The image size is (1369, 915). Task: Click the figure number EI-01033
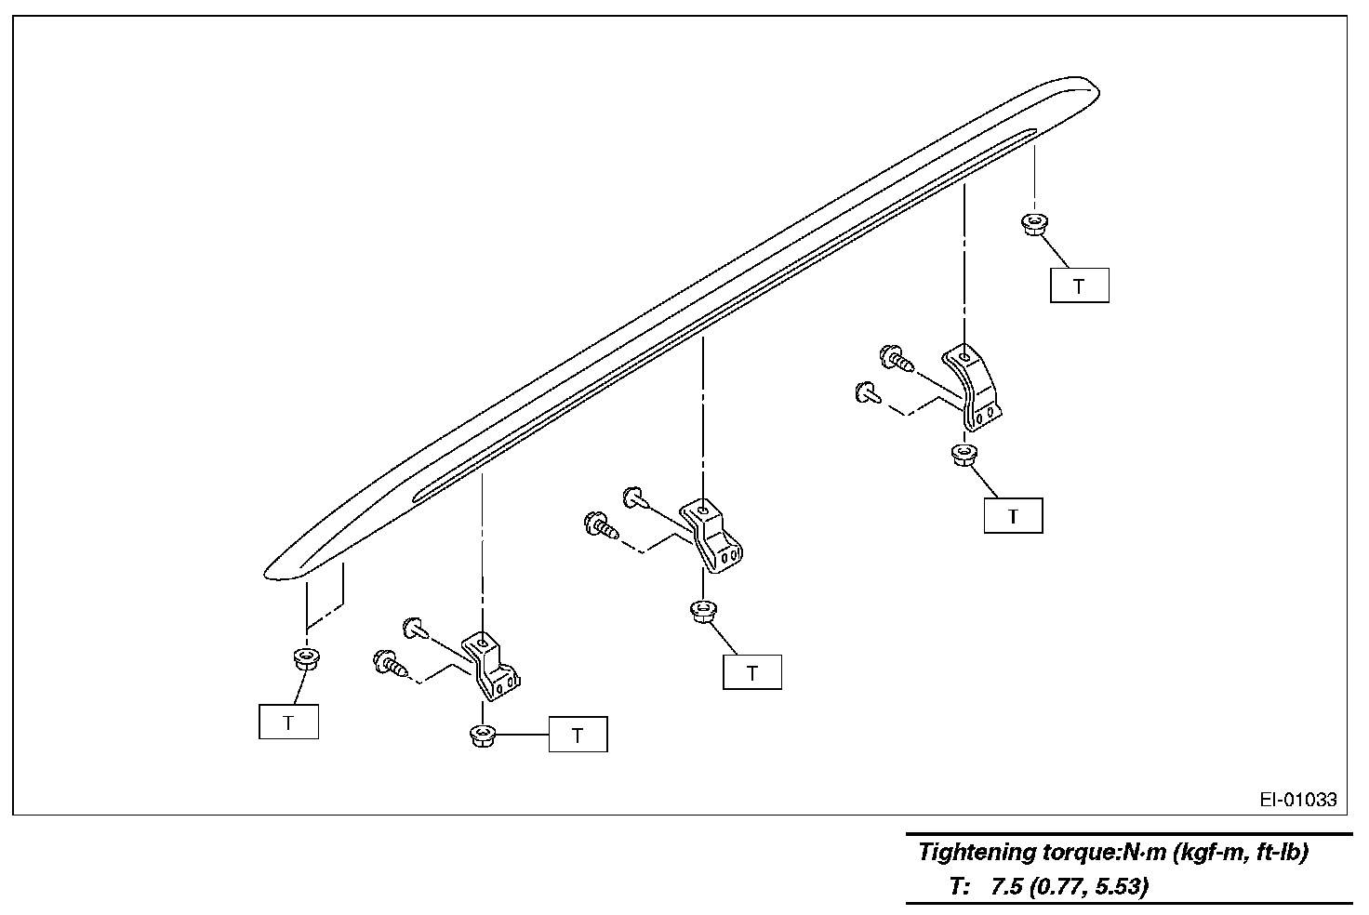pyautogui.click(x=1298, y=799)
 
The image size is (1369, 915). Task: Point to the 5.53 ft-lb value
pyautogui.click(x=1117, y=886)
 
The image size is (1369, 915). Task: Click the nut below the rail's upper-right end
pyautogui.click(x=1030, y=223)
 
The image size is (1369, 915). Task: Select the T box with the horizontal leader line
pyautogui.click(x=578, y=735)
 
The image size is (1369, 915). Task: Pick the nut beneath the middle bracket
pyautogui.click(x=701, y=611)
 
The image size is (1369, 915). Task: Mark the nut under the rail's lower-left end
pyautogui.click(x=303, y=658)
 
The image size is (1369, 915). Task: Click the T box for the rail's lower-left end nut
pyautogui.click(x=288, y=722)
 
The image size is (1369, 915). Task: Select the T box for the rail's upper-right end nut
pyautogui.click(x=1079, y=285)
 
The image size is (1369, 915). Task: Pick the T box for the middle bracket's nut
pyautogui.click(x=751, y=671)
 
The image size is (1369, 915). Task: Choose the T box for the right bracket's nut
pyautogui.click(x=1013, y=516)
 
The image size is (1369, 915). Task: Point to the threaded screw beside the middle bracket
pyautogui.click(x=600, y=525)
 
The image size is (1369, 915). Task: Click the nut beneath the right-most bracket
pyautogui.click(x=962, y=456)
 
